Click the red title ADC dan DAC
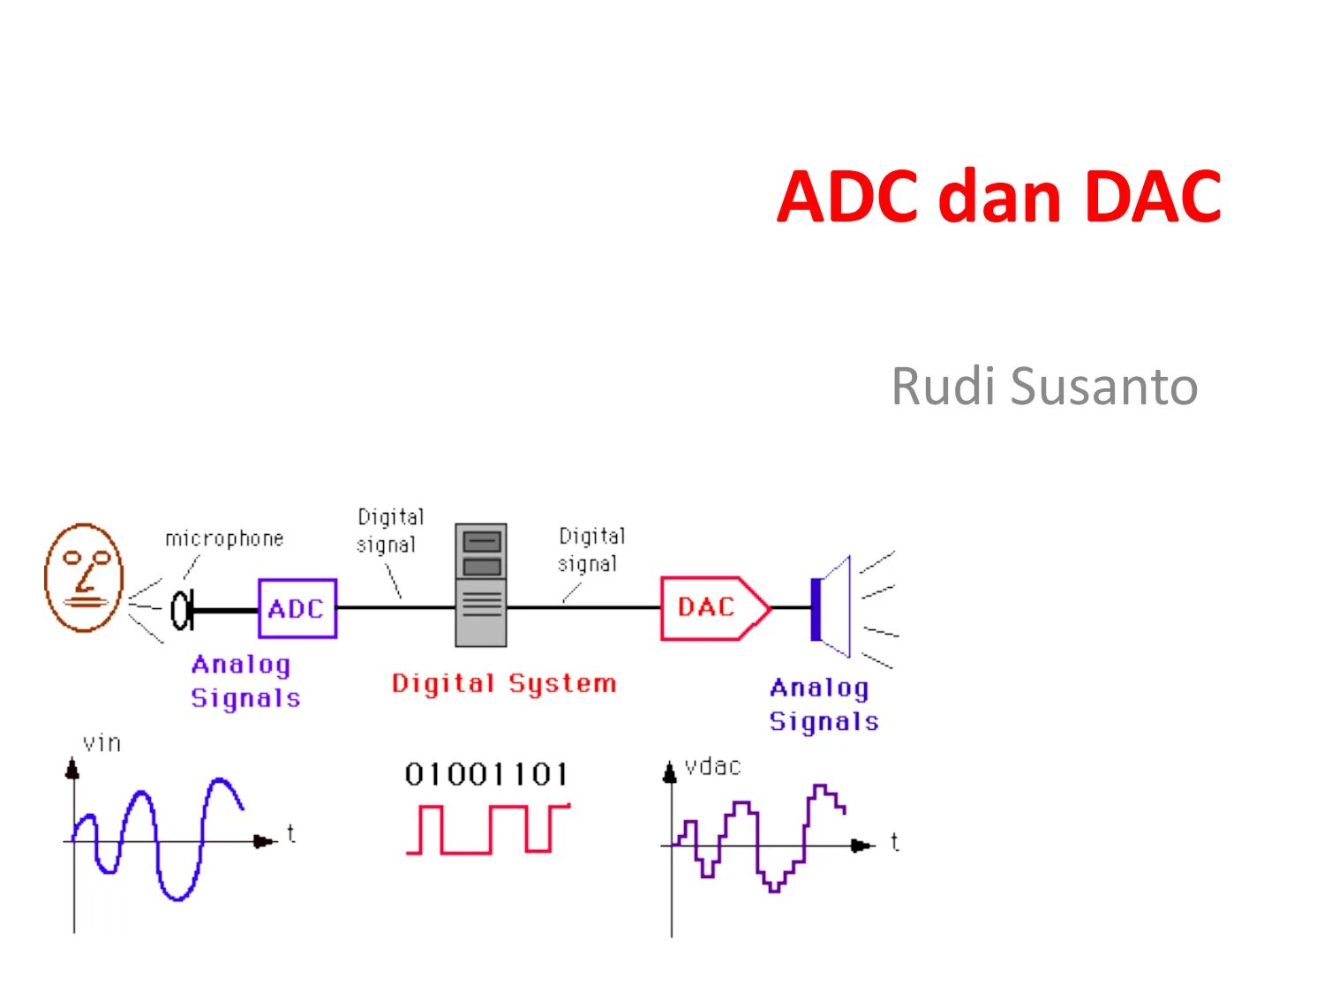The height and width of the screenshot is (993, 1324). coord(998,197)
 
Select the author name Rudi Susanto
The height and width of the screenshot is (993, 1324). coord(1044,386)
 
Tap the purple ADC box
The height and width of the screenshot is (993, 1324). coord(297,608)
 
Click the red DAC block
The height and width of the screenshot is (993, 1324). coord(708,607)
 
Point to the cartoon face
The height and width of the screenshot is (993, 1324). coord(84,577)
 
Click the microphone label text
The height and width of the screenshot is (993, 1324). coord(224,538)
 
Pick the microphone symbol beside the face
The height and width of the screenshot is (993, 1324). coord(181,609)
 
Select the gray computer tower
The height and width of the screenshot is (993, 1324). coord(481,584)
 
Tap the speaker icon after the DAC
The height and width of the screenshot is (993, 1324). coord(831,607)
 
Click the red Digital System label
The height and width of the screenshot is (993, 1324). coord(503,683)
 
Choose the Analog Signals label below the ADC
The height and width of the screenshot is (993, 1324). coord(244,681)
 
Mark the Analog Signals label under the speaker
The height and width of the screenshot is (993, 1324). coord(824,704)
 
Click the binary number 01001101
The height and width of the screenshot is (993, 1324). coord(486,775)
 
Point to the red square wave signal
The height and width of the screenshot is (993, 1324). coord(487,829)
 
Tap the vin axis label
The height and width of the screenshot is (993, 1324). coord(102,743)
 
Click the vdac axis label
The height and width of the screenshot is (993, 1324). coord(712,766)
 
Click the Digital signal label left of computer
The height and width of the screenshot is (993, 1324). coord(389,530)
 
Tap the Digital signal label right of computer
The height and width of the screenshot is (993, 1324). coord(591,549)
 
